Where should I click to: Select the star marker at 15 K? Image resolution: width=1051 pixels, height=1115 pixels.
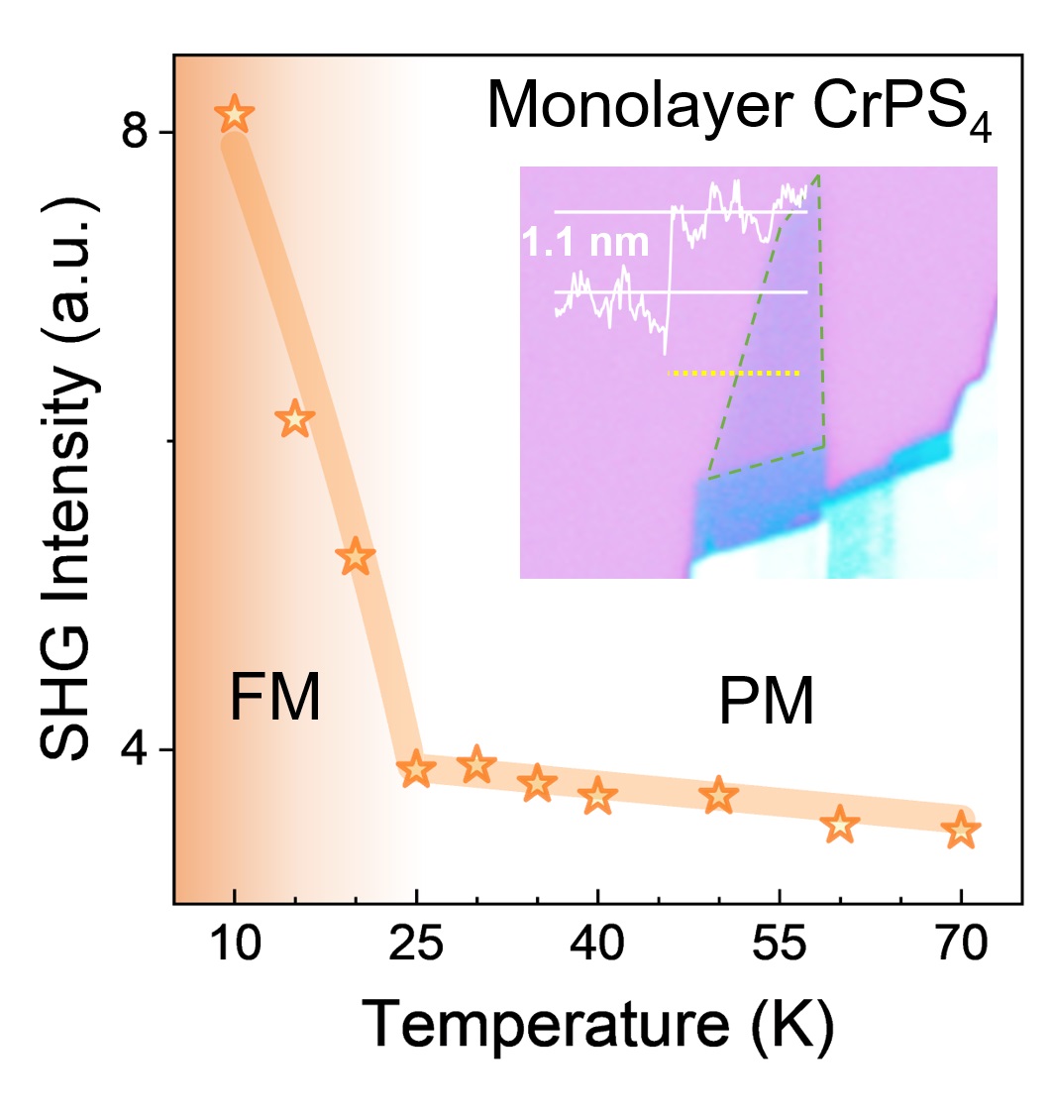pos(295,420)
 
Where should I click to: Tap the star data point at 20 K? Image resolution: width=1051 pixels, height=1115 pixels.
pos(356,558)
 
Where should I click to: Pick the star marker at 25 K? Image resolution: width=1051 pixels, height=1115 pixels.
pos(416,769)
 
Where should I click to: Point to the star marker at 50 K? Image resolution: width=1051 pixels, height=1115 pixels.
pos(719,795)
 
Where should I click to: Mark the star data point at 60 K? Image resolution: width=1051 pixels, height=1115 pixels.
pos(840,824)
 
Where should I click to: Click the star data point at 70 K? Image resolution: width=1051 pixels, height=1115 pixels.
pos(961,830)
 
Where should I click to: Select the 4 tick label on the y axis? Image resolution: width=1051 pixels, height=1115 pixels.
pos(134,750)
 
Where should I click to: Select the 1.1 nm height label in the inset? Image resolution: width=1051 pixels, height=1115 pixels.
pos(586,242)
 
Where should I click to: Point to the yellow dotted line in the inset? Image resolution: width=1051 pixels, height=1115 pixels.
pos(734,374)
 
